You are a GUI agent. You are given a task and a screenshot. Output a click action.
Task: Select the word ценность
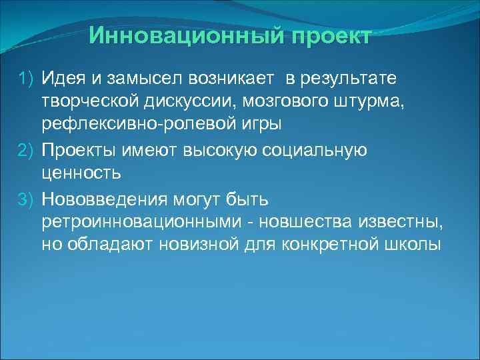[x=81, y=173]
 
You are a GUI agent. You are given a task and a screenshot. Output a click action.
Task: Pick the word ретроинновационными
[x=136, y=221]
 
